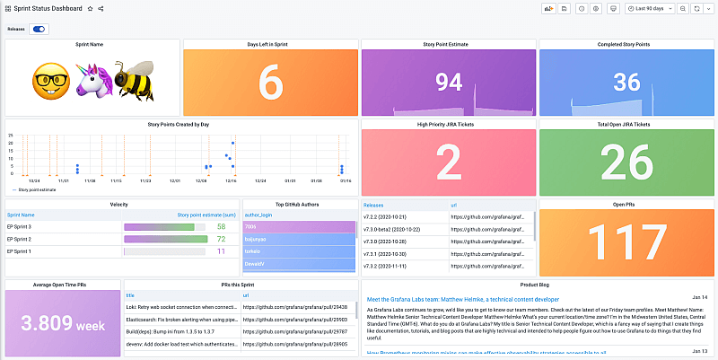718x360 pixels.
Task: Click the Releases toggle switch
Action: coord(39,29)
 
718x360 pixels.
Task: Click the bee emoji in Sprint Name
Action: coord(133,81)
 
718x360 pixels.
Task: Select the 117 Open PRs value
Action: coord(625,241)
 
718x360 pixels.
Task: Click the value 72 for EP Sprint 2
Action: coord(222,240)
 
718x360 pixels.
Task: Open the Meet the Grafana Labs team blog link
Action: coord(463,299)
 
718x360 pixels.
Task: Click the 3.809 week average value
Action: coord(61,323)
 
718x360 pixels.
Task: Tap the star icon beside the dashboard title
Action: coord(90,8)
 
